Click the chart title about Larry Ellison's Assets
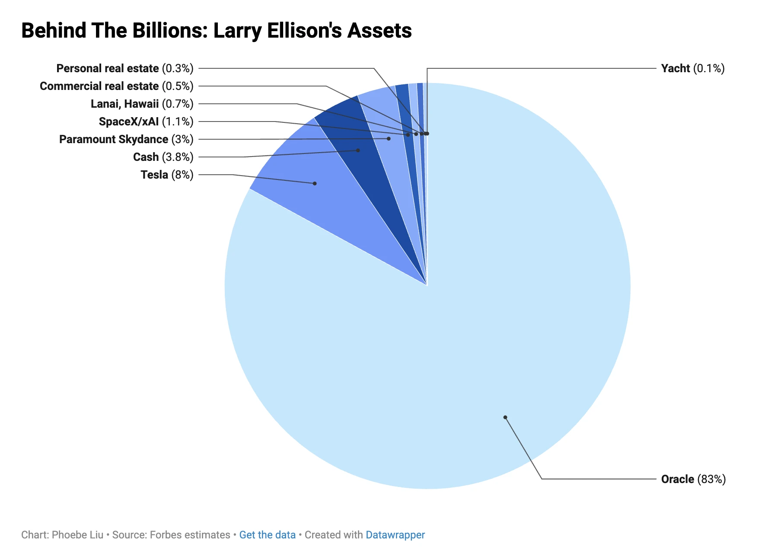pos(216,31)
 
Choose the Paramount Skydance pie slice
pos(387,130)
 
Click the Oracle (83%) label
pos(693,479)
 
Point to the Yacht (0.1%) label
pos(692,68)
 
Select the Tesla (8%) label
pos(167,175)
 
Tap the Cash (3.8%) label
pos(163,157)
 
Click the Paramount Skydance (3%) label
pos(126,139)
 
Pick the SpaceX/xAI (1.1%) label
pos(146,122)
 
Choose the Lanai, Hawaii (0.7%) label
pos(142,104)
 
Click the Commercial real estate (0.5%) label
pos(116,86)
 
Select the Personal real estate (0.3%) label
pos(124,68)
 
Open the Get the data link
pos(267,535)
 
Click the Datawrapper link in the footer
pos(395,535)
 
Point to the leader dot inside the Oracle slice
pos(505,417)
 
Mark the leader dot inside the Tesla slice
pos(315,183)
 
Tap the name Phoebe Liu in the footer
pos(77,535)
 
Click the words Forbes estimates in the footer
pos(190,535)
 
